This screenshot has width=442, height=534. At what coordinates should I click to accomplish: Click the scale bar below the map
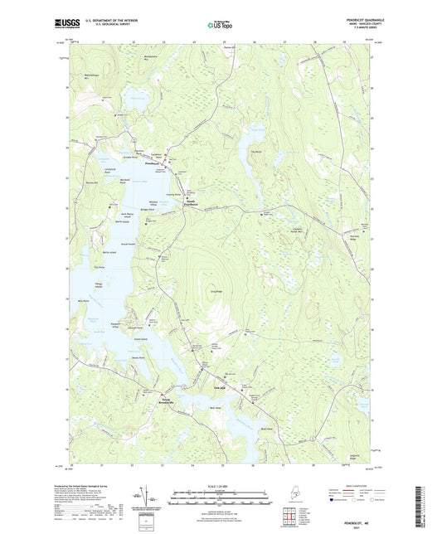click(221, 493)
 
